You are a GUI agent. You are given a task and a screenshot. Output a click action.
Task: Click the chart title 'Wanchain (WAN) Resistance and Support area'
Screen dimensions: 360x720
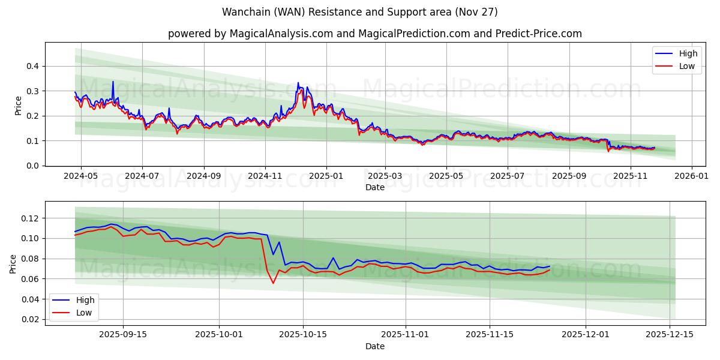tap(359, 12)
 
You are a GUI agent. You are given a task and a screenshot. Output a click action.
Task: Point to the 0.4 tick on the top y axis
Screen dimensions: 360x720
tap(34, 66)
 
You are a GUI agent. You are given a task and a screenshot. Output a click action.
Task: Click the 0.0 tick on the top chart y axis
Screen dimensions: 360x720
tap(34, 166)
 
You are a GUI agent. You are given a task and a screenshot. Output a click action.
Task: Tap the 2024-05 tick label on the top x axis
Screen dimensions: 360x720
tap(80, 177)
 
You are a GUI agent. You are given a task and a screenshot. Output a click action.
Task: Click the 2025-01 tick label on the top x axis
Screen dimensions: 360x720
tap(326, 177)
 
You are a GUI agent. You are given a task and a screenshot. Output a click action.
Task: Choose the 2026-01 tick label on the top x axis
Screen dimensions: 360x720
tap(692, 177)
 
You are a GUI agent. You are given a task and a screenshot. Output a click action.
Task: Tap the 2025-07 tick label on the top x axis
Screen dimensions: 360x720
tap(508, 177)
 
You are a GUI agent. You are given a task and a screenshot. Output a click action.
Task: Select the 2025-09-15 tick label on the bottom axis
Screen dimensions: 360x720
tap(123, 335)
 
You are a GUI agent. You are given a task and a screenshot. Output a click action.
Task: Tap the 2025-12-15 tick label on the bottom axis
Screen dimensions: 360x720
tap(669, 335)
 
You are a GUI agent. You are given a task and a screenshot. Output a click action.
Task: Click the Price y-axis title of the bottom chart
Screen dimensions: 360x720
tap(13, 263)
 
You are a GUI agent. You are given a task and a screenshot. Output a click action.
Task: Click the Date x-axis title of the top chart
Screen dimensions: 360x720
tap(374, 188)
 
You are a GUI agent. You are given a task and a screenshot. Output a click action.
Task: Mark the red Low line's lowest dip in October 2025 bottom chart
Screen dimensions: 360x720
tap(273, 283)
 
